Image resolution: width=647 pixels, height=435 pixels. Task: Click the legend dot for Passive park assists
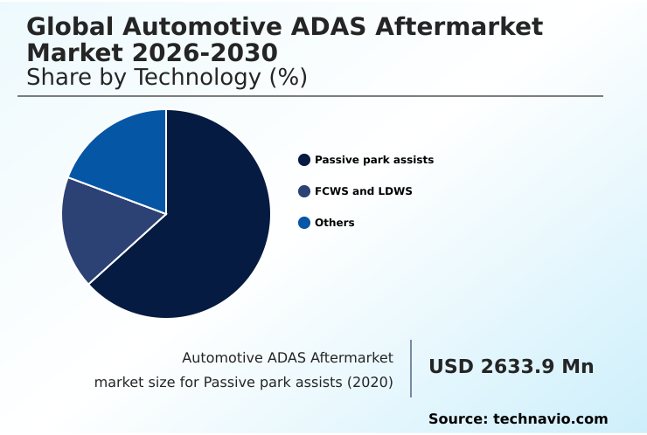click(304, 160)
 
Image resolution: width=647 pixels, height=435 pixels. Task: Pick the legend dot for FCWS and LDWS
click(304, 191)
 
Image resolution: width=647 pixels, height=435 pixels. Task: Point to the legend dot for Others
click(304, 223)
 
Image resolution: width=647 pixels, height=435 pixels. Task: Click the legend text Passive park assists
click(374, 160)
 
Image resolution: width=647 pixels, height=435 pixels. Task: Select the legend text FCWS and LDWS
click(363, 191)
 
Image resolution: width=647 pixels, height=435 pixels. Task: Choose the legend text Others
click(335, 223)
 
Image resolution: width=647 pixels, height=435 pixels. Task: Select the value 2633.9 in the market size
click(515, 367)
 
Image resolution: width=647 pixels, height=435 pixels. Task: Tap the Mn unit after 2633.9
click(578, 367)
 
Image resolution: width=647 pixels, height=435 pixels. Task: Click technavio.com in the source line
click(550, 419)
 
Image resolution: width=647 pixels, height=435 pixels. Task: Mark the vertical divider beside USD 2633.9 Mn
click(411, 369)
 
